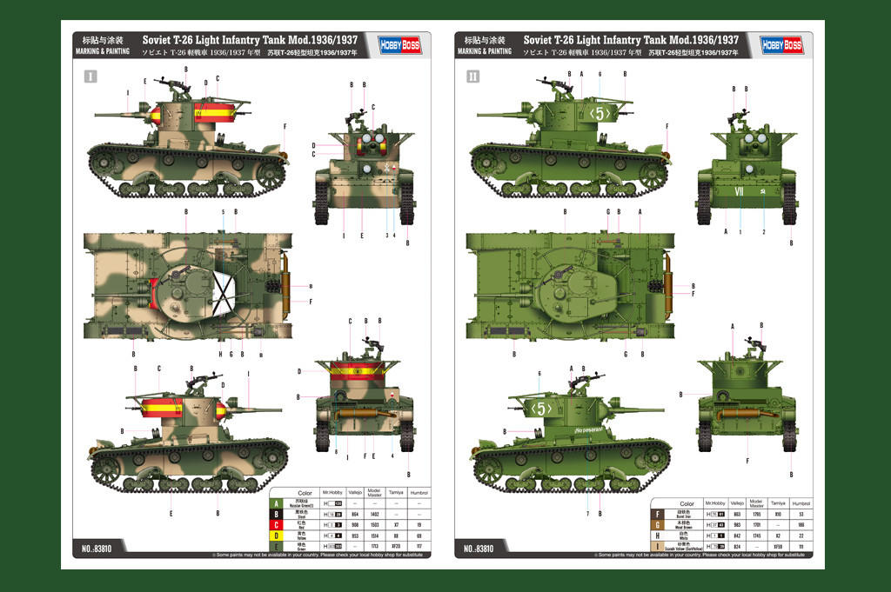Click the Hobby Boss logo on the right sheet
(781, 45)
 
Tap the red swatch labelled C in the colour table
(277, 524)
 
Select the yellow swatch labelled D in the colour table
(277, 535)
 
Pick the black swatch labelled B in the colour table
(277, 514)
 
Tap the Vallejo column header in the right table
(736, 502)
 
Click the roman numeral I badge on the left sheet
(91, 76)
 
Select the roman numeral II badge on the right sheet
(472, 76)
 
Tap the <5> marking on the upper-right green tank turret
(600, 113)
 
